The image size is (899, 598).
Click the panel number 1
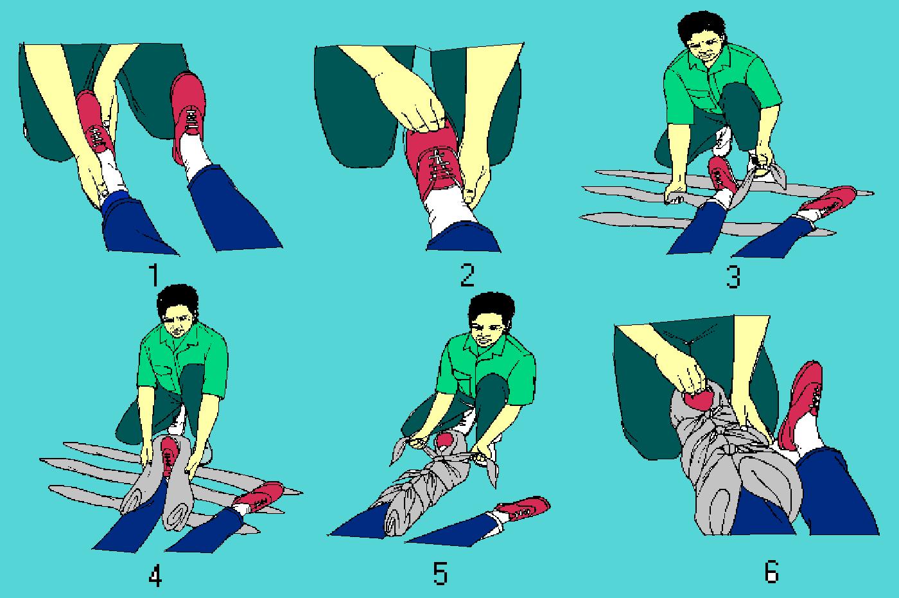tap(153, 276)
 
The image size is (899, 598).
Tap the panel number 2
tap(467, 275)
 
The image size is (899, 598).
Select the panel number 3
tap(733, 277)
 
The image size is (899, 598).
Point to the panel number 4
tap(155, 577)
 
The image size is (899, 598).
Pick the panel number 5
tap(441, 574)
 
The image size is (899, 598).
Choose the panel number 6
tap(772, 571)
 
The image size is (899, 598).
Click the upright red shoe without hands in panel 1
tap(188, 116)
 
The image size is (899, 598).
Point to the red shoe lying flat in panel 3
tap(828, 200)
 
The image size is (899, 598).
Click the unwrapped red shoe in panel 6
tap(801, 405)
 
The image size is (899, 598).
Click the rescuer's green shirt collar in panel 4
tap(179, 339)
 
